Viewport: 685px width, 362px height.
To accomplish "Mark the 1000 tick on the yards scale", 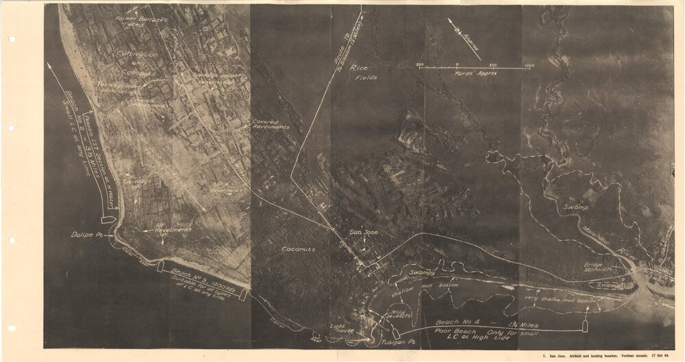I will pyautogui.click(x=529, y=64).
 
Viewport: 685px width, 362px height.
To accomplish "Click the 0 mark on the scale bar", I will pyautogui.click(x=457, y=64).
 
